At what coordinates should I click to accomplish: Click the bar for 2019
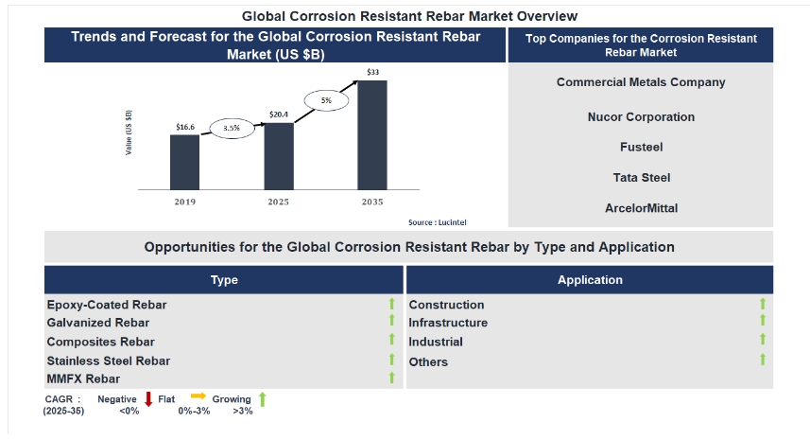[184, 162]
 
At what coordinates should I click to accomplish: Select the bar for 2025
[278, 156]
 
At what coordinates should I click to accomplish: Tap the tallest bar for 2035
[371, 134]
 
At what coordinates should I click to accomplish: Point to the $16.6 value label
[185, 127]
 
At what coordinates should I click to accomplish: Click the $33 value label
[373, 72]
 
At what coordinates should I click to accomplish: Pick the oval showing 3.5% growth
[232, 127]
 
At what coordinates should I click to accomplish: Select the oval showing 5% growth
[326, 99]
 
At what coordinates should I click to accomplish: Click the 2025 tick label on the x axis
[278, 202]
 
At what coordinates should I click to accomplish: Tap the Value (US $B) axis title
[129, 132]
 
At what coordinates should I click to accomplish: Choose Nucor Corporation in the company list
[641, 117]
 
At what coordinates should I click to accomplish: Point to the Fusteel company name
[641, 147]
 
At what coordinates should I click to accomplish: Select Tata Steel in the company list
[641, 177]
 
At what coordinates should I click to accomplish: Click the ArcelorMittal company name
[641, 207]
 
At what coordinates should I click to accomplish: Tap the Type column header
[224, 280]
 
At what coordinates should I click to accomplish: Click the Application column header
[590, 280]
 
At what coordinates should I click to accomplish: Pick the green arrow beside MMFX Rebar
[390, 378]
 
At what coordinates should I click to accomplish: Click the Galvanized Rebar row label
[98, 323]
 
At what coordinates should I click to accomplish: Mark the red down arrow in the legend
[148, 399]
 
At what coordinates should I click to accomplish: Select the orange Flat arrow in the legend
[198, 397]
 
